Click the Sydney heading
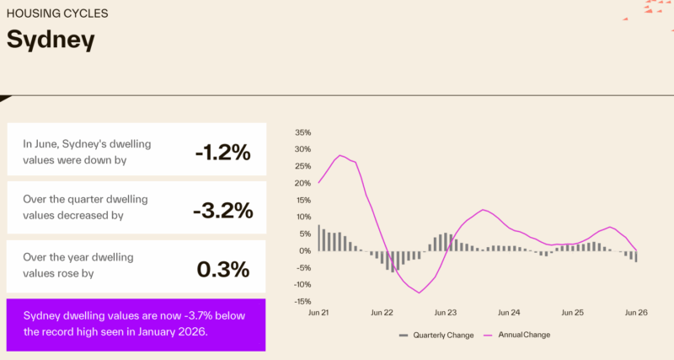pos(51,40)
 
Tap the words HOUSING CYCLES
pos(57,13)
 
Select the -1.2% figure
pos(222,153)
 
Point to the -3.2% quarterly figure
pos(223,210)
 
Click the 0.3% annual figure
pos(223,269)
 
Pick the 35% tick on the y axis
pos(302,132)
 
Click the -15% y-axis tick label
pos(302,302)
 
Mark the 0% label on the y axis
pos(305,250)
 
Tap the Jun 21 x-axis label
pos(318,313)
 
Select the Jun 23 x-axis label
pos(446,313)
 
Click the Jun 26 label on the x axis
pos(636,313)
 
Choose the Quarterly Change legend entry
pos(436,335)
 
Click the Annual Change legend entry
pos(516,335)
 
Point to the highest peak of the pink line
pos(340,155)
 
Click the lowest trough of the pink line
pos(419,293)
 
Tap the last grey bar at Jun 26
pos(636,256)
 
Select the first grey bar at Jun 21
pos(319,238)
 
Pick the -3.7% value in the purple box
pos(198,315)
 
